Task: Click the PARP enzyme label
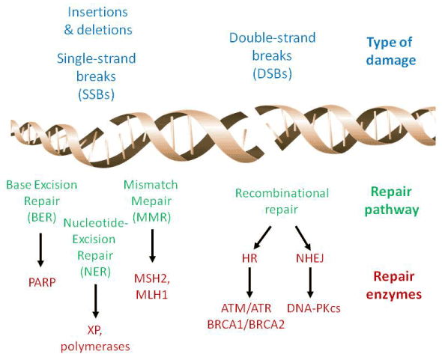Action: (42, 282)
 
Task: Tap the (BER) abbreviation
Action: (42, 217)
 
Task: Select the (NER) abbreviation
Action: (95, 272)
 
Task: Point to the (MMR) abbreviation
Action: (151, 217)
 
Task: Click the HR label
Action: (249, 258)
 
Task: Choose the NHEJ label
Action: (310, 258)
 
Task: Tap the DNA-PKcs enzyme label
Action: (314, 308)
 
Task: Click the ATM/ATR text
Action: (246, 308)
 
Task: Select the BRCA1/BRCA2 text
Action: (246, 325)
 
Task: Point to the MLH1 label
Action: (151, 295)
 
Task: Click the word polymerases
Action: (95, 347)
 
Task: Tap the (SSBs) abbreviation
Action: (96, 94)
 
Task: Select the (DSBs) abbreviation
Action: (272, 74)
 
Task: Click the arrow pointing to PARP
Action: (40, 249)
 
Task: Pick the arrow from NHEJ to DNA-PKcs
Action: (310, 282)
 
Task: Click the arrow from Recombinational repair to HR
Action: (262, 237)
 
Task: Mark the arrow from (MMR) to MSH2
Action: (152, 245)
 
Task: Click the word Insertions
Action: (97, 12)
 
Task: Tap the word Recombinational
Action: (282, 193)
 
